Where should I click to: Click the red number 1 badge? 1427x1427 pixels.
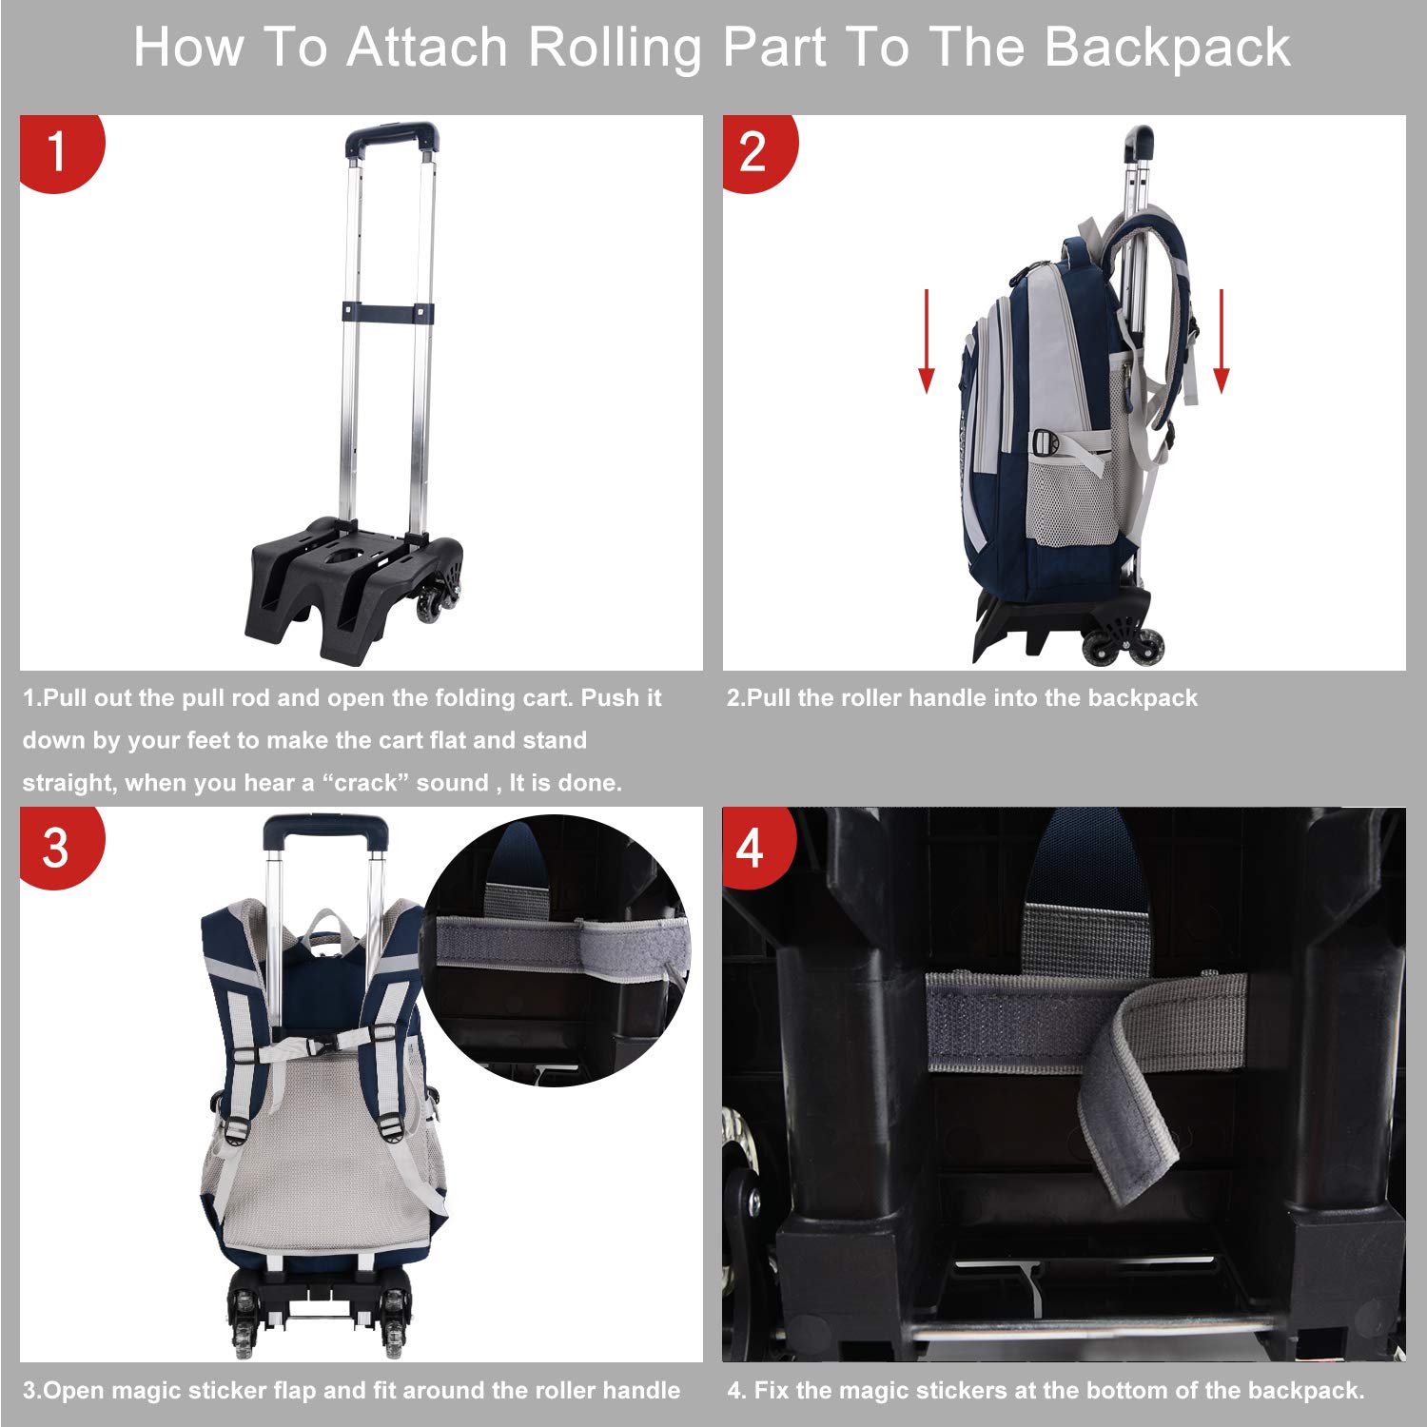click(57, 151)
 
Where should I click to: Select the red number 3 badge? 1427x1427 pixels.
click(57, 847)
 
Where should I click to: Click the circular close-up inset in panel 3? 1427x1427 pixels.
click(557, 951)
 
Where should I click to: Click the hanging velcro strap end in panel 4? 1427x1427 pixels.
click(1127, 1123)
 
